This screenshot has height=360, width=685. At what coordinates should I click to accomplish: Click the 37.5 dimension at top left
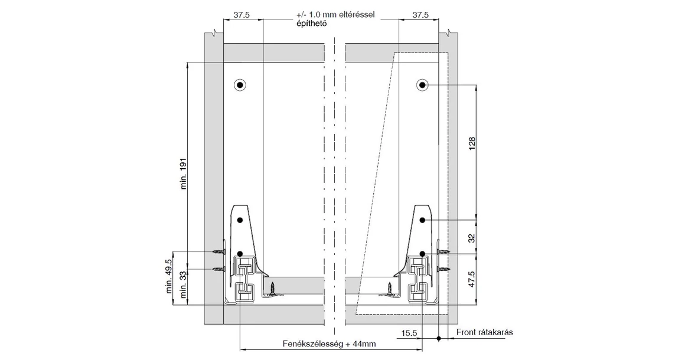coord(241,15)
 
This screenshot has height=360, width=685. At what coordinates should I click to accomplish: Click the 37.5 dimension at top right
coord(420,15)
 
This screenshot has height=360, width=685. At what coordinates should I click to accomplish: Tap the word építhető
coord(311,24)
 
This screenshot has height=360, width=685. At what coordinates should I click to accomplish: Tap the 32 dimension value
coord(471,237)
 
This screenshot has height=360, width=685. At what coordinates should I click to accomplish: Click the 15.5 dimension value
coord(409,333)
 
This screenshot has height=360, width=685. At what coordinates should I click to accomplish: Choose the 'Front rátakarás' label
coord(484,332)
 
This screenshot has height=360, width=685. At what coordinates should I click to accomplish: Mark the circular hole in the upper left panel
coord(240,85)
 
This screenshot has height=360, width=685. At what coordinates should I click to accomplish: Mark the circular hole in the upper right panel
coord(423,85)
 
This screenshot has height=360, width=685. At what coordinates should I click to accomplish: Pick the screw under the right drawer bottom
coord(389,289)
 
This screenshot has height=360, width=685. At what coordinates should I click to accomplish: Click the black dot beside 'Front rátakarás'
coord(439,339)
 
